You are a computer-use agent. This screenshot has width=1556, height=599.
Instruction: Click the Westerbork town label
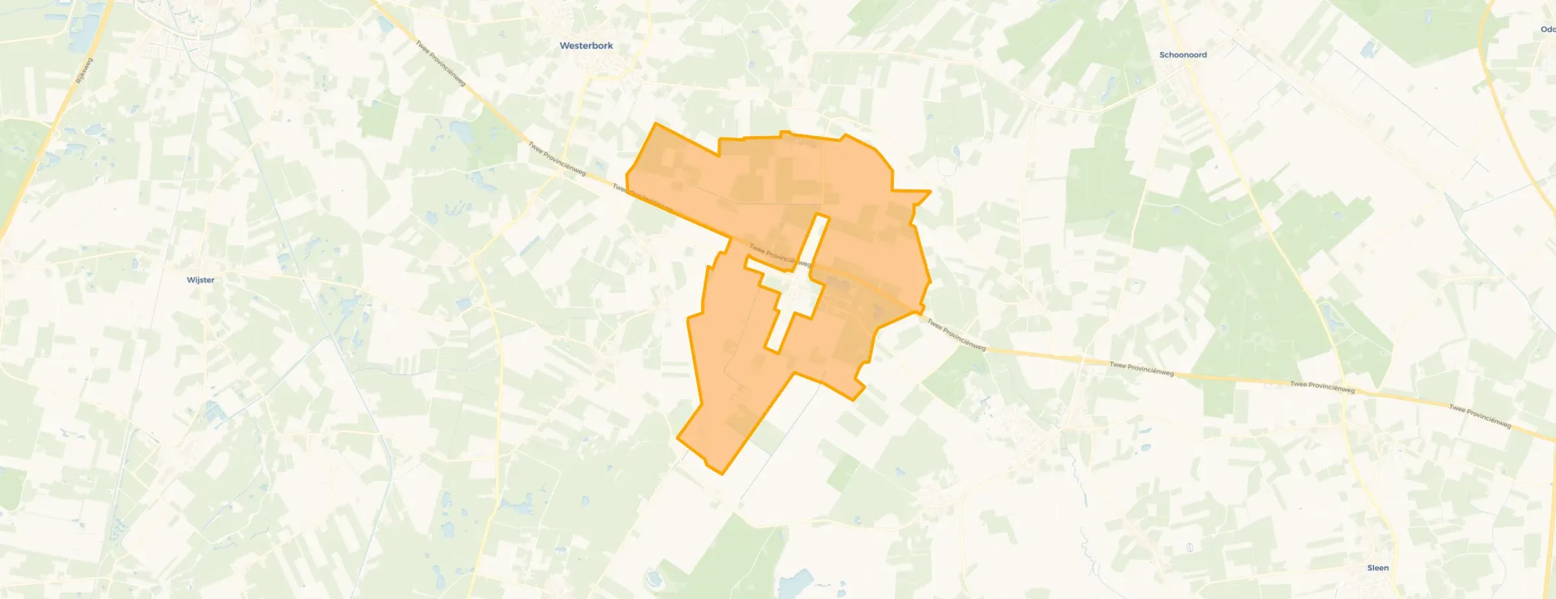pos(586,46)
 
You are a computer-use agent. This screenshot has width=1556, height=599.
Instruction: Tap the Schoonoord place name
pos(1183,55)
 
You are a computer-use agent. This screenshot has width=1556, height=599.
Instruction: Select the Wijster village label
pos(200,280)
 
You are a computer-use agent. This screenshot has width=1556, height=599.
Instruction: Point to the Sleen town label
pos(1378,568)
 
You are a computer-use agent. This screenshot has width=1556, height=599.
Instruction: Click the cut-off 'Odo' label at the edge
pos(1548,29)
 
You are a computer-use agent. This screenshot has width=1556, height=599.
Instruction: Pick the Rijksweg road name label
pos(85,70)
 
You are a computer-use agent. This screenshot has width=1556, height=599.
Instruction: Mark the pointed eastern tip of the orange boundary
pos(930,191)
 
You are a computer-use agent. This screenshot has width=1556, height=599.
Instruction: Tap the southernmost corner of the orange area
pos(722,473)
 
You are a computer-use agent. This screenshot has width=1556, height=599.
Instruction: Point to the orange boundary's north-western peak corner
pos(655,123)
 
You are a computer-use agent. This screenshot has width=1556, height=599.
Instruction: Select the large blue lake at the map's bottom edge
pos(795,583)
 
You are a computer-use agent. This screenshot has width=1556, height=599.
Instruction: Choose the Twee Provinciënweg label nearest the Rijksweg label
pos(441,64)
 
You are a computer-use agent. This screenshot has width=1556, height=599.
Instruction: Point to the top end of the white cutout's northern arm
pos(822,216)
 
